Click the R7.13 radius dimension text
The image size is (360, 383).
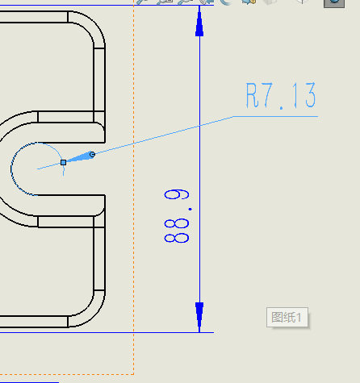tap(281, 95)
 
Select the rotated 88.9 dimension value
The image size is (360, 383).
tap(177, 216)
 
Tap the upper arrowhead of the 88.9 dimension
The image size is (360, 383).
tap(199, 22)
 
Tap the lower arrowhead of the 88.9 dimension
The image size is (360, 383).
tap(199, 317)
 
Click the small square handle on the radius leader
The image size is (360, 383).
tap(64, 162)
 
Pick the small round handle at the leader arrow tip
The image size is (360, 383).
tap(92, 154)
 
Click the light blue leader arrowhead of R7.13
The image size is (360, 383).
tap(80, 157)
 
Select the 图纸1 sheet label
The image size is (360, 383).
tap(287, 318)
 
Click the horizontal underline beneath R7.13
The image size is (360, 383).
tap(275, 116)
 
